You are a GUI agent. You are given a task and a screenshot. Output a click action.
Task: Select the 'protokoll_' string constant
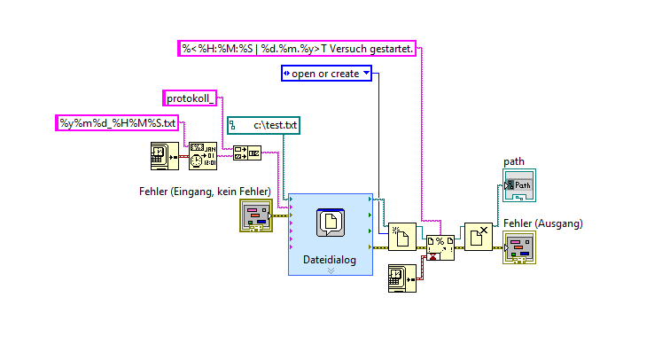(191, 98)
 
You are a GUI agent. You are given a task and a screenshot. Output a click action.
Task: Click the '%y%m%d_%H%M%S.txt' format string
(119, 122)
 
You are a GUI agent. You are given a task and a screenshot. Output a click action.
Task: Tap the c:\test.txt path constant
(264, 126)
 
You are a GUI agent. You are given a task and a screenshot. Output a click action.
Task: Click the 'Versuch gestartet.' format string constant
(297, 48)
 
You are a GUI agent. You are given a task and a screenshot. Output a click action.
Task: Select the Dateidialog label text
(330, 259)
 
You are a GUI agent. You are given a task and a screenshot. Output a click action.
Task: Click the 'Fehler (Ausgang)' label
(542, 223)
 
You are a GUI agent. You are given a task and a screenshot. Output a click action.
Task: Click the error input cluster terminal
(255, 215)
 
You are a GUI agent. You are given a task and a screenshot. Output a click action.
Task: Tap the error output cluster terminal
(518, 248)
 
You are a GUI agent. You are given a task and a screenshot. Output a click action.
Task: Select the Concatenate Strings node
(246, 155)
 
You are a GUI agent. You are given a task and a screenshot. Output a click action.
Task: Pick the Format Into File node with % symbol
(440, 246)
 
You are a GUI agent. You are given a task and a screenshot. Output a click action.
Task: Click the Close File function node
(479, 236)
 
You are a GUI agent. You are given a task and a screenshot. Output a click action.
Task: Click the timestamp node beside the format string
(164, 155)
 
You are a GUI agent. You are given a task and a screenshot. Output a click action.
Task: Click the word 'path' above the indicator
(514, 161)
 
